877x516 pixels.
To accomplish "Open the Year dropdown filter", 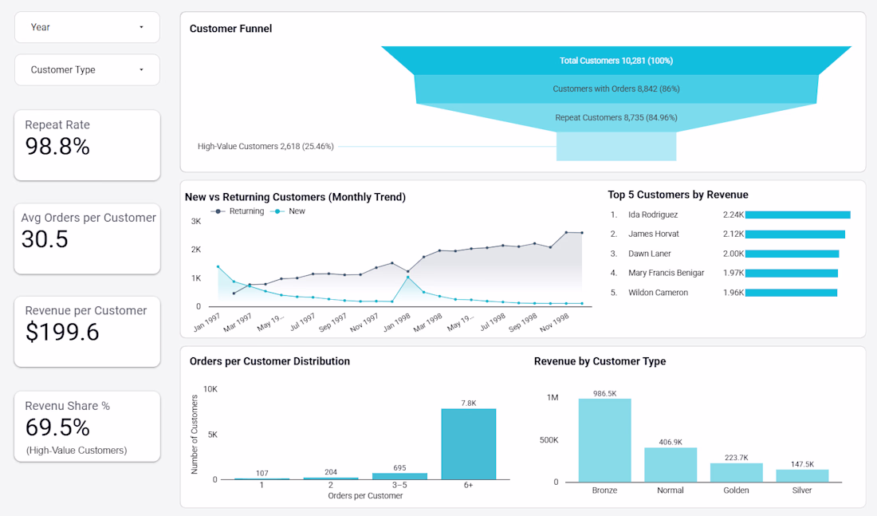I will click(87, 27).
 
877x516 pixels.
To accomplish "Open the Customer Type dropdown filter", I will click(87, 70).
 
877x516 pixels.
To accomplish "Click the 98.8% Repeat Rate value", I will click(57, 147).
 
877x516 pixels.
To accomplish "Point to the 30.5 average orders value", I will click(45, 239).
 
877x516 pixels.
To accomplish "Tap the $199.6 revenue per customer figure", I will click(62, 333).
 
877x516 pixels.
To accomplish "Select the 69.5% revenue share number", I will click(57, 427).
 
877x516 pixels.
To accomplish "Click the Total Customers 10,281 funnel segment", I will click(615, 61).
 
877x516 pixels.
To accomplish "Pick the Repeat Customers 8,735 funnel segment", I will click(615, 118).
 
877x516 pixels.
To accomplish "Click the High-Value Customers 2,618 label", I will click(265, 147).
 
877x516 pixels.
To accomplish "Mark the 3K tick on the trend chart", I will click(195, 222).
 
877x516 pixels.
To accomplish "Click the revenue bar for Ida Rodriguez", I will click(797, 215).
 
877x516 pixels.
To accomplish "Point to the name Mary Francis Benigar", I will click(666, 273).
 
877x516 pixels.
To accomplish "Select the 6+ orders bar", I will click(468, 444).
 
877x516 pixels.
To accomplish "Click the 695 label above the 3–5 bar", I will click(399, 467).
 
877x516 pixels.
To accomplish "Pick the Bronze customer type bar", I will click(604, 439).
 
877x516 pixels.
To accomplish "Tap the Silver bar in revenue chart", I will click(802, 475).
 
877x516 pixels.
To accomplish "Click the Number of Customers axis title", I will click(194, 435).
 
